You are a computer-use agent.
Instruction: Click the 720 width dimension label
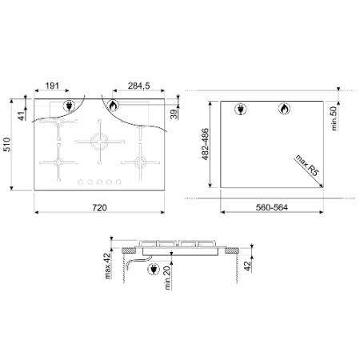click(99, 207)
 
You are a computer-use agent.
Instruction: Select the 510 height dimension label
click(6, 145)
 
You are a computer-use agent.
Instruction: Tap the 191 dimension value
click(52, 86)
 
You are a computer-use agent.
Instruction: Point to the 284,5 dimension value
click(138, 86)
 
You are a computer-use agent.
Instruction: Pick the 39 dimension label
click(174, 114)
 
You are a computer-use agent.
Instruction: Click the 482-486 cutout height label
click(205, 144)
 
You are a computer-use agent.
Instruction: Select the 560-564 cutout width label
click(272, 207)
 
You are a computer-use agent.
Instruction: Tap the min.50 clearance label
click(334, 118)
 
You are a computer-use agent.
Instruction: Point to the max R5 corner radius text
click(307, 166)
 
